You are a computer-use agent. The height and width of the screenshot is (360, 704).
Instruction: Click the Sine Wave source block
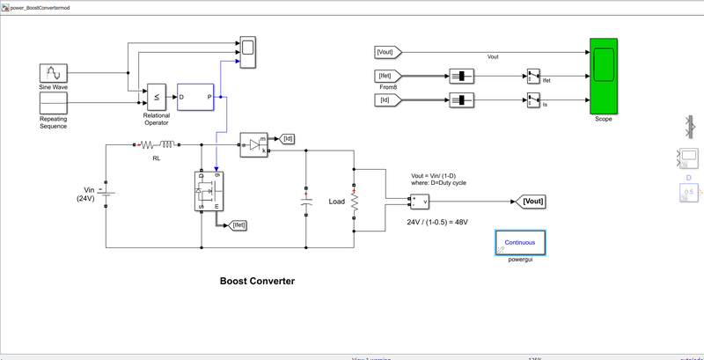pyautogui.click(x=54, y=73)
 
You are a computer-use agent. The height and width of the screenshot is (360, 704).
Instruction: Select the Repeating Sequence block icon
pyautogui.click(x=54, y=102)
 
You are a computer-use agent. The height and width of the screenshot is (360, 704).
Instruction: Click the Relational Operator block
pyautogui.click(x=156, y=96)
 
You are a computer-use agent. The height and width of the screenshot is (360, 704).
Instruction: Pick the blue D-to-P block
pyautogui.click(x=195, y=96)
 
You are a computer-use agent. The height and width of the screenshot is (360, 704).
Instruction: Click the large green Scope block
pyautogui.click(x=603, y=77)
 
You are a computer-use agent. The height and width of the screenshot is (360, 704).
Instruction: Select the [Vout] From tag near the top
pyautogui.click(x=389, y=52)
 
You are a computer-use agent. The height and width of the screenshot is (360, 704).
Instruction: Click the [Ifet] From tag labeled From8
pyautogui.click(x=389, y=76)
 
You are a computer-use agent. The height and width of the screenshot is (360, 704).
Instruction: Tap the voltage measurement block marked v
pyautogui.click(x=419, y=202)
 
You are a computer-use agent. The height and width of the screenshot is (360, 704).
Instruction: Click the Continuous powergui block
pyautogui.click(x=524, y=244)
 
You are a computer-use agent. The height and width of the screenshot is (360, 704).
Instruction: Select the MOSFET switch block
pyautogui.click(x=209, y=190)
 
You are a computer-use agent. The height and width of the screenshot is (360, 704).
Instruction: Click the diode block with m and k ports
pyautogui.click(x=254, y=144)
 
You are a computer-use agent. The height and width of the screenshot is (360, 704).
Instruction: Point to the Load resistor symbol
pyautogui.click(x=354, y=202)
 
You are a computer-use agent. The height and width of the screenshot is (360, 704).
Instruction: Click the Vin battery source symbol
pyautogui.click(x=106, y=194)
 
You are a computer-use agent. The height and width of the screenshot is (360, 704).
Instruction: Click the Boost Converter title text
pyautogui.click(x=257, y=282)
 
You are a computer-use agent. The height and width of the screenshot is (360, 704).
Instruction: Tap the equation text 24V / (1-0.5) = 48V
pyautogui.click(x=436, y=222)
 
